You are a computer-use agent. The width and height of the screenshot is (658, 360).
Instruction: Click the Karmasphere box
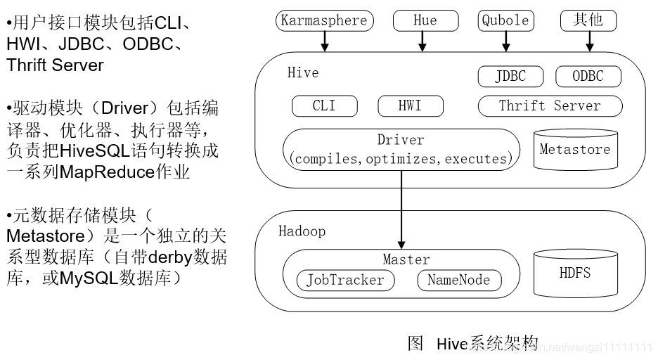324,20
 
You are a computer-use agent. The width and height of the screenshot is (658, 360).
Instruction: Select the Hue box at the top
425,20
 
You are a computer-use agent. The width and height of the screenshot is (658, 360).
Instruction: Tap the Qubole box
505,20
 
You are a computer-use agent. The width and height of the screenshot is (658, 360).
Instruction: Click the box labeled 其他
588,20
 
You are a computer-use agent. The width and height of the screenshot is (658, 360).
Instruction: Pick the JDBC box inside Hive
510,76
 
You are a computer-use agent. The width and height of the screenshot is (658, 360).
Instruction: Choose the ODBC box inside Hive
588,76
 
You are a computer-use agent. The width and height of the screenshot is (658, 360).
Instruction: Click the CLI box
324,106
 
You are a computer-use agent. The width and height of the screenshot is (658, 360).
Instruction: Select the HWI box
410,106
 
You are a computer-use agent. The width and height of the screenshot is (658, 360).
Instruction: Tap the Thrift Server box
550,106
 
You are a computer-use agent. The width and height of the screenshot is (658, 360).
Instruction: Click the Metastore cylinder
574,150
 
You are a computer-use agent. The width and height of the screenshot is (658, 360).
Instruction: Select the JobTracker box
345,280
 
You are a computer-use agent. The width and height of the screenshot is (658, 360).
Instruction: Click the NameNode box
458,280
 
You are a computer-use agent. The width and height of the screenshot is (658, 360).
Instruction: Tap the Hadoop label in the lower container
302,231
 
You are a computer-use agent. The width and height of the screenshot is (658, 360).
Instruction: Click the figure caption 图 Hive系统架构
472,343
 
